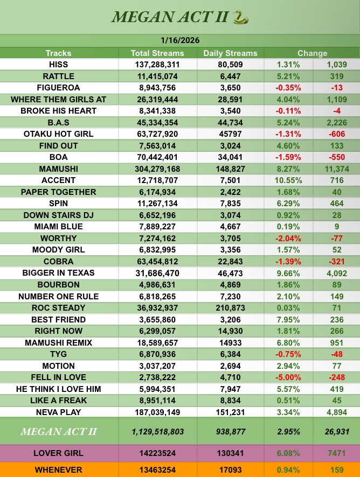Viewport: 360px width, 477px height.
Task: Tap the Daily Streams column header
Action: tap(230, 53)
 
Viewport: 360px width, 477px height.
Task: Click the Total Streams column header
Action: tap(157, 53)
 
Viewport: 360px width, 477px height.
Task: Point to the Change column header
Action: tap(312, 53)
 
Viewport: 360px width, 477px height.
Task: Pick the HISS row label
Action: tap(58, 64)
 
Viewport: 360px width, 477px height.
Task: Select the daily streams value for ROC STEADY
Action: tap(230, 307)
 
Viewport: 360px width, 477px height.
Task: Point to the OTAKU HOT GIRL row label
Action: tap(58, 134)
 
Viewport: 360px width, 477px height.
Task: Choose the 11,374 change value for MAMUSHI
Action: tap(337, 169)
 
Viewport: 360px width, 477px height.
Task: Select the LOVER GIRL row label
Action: tap(58, 453)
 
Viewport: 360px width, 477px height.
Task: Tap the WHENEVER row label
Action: tap(58, 469)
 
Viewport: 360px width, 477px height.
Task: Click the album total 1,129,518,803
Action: tap(157, 432)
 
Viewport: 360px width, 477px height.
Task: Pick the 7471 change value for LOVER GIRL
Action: tap(337, 453)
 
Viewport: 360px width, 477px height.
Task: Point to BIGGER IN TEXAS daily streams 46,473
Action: tap(230, 273)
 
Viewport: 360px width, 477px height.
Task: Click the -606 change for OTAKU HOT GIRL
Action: tap(337, 134)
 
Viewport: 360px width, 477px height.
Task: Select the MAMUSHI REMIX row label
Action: tap(58, 342)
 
